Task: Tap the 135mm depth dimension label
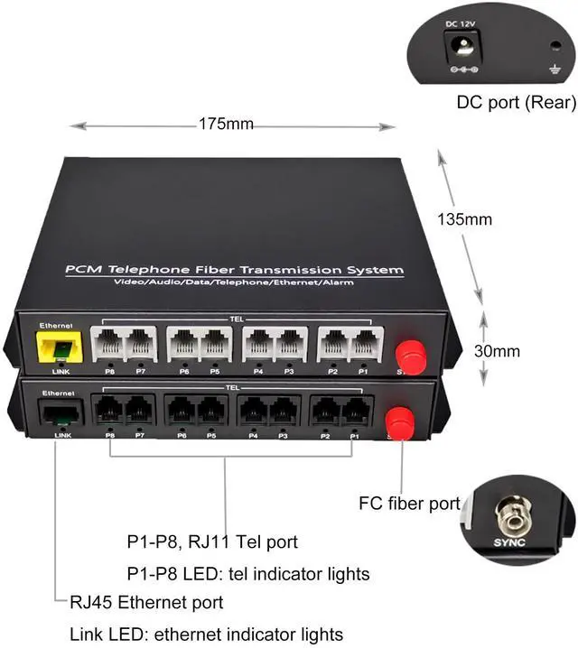point(465,218)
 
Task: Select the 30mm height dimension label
point(496,350)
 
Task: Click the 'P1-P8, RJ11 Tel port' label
point(211,542)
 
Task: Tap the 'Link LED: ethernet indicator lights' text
point(206,634)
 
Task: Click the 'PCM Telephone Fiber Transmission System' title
point(233,270)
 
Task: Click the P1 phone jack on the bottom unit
point(354,412)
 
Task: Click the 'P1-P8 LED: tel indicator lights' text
point(247,573)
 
